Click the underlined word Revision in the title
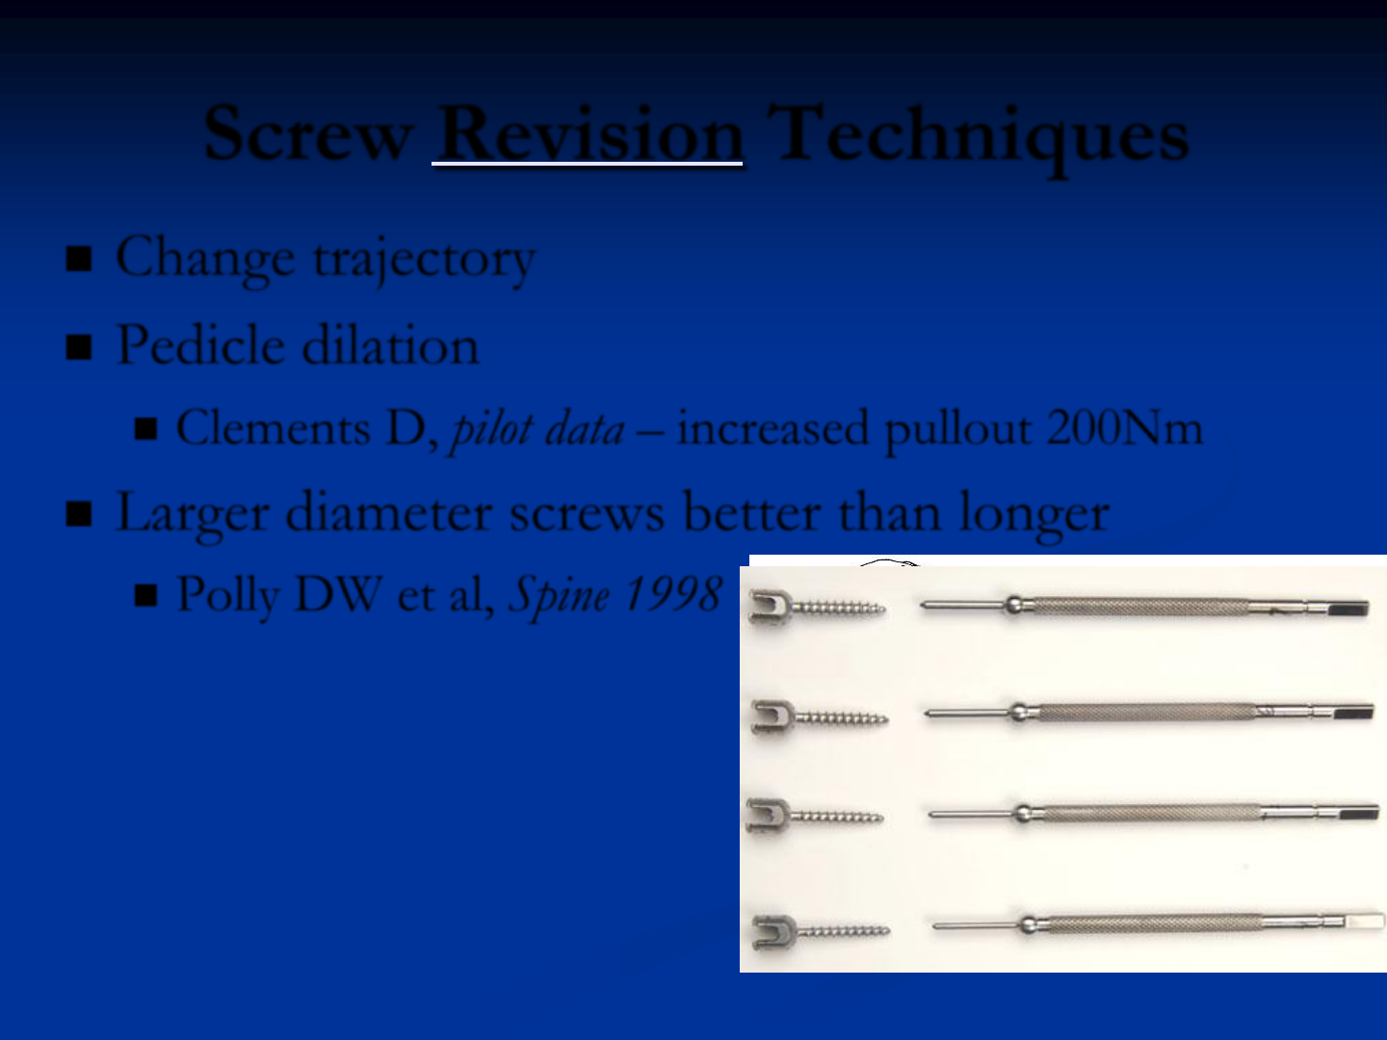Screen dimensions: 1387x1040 click(x=589, y=133)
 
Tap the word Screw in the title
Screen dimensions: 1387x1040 click(x=307, y=133)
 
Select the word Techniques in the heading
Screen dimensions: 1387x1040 click(x=978, y=138)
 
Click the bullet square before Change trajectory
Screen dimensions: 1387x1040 click(x=79, y=259)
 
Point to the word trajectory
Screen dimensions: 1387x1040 click(x=425, y=261)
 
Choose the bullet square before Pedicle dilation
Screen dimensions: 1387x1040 click(x=79, y=348)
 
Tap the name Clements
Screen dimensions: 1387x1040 click(x=273, y=429)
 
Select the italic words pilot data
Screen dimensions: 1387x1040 click(x=537, y=430)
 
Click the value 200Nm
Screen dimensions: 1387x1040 click(x=1125, y=429)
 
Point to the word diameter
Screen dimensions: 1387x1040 click(x=388, y=512)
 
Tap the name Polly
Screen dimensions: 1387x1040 click(x=228, y=596)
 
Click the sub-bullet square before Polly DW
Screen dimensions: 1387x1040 click(x=146, y=595)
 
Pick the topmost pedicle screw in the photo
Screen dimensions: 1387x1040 click(x=817, y=607)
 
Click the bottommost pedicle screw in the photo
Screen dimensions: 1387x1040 click(x=821, y=931)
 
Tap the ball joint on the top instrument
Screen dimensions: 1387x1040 click(x=1013, y=605)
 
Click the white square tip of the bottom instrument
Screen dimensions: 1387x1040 click(x=1365, y=922)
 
